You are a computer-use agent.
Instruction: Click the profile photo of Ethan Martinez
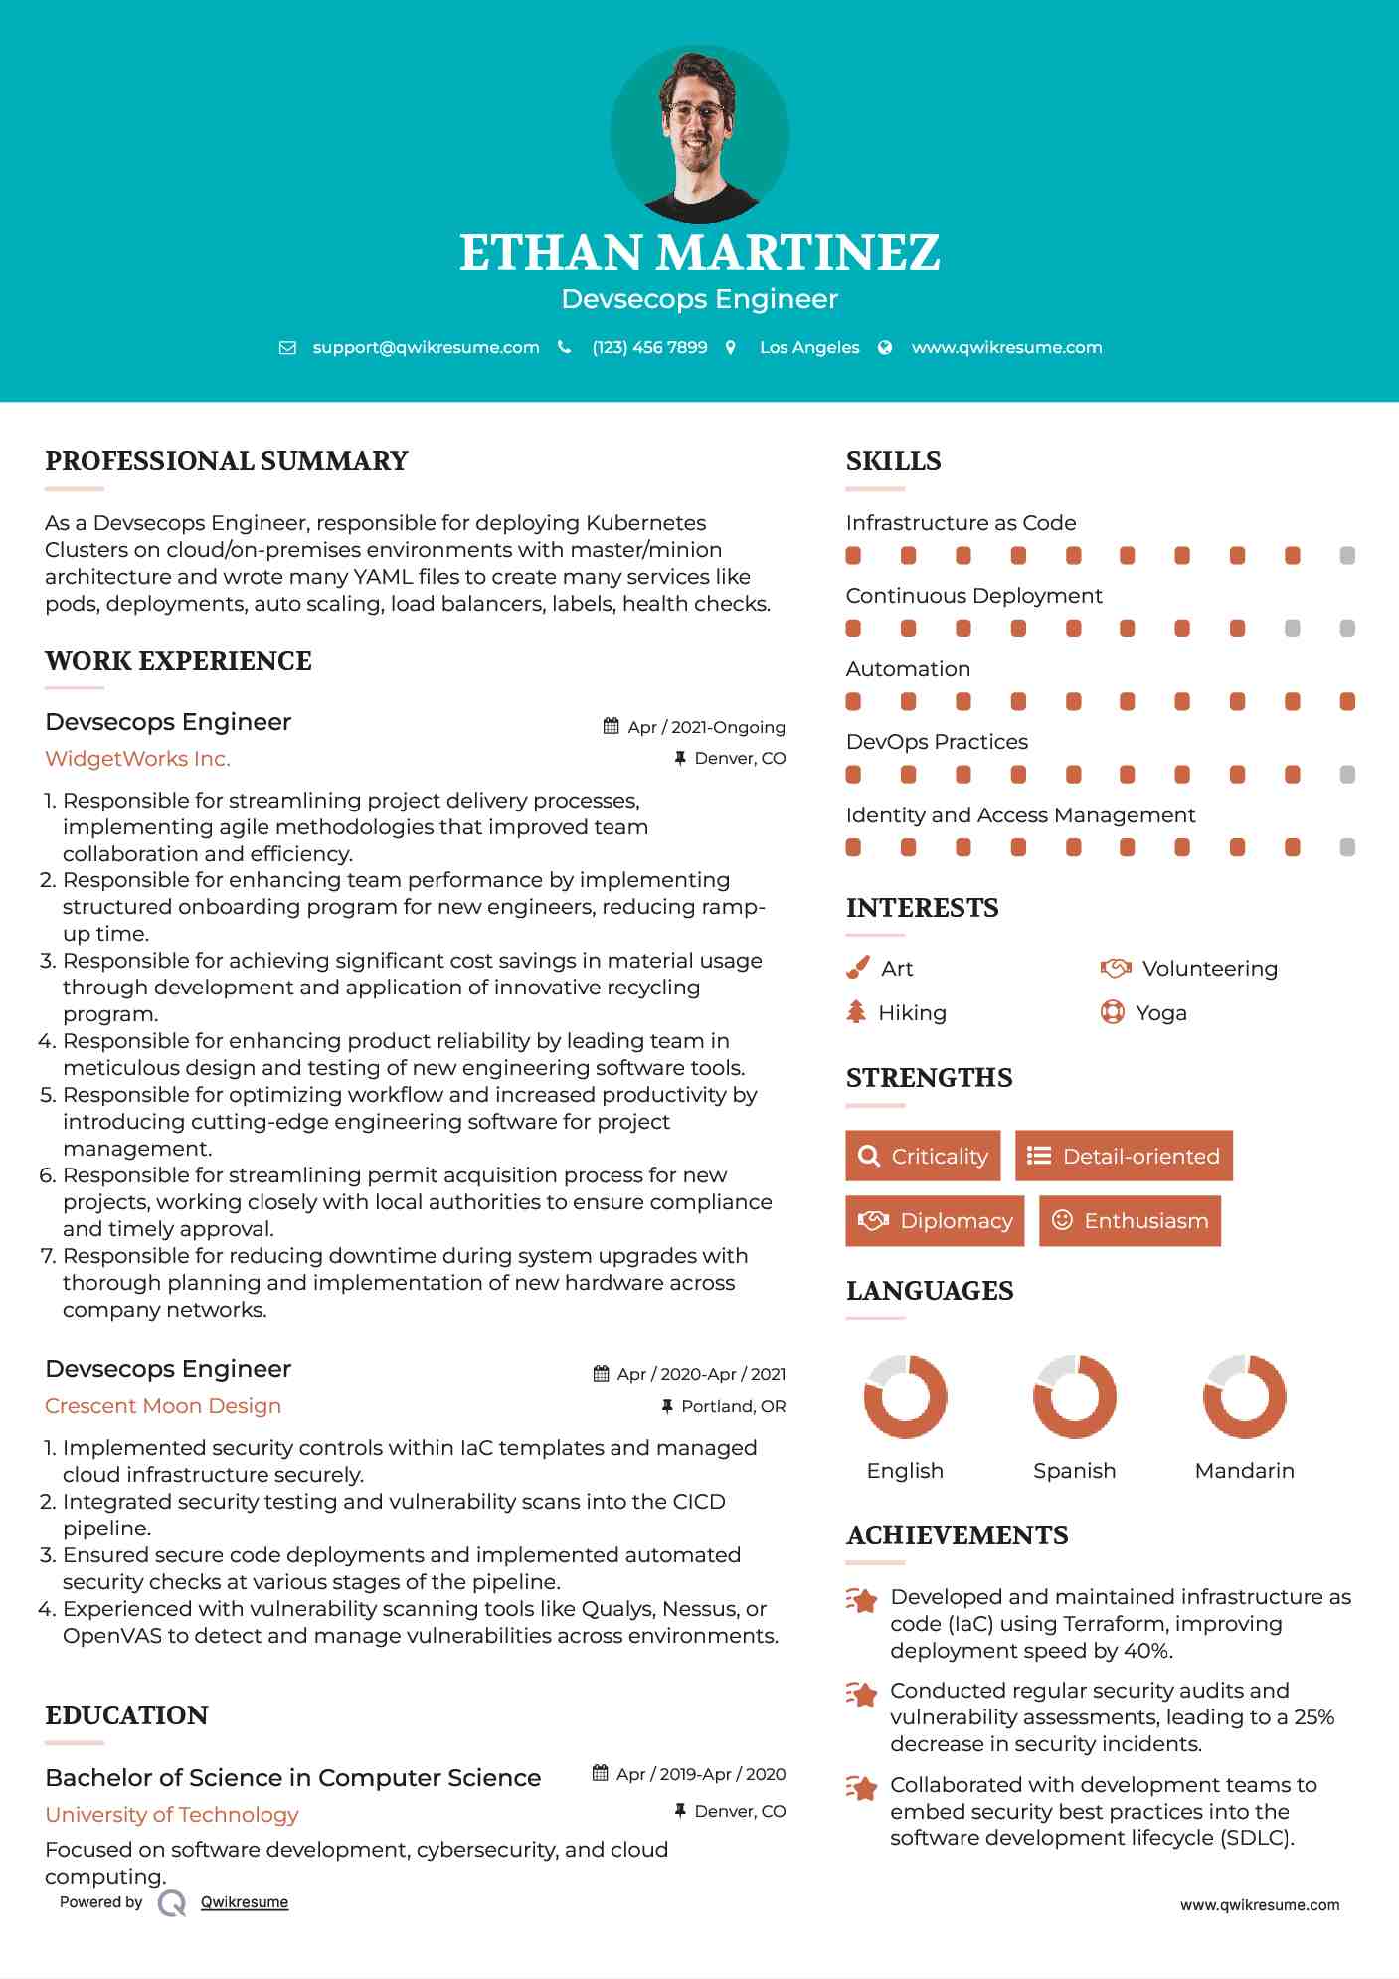tap(699, 133)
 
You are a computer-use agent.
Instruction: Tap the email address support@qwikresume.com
tap(426, 347)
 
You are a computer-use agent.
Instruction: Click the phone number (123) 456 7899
tap(649, 347)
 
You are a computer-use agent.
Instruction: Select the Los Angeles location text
tap(808, 347)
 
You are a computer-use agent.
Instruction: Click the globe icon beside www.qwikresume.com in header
tap(885, 347)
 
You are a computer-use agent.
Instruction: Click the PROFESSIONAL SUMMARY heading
tap(227, 461)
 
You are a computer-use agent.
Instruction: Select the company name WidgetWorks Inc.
tap(137, 759)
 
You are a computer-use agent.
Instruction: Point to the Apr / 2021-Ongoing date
tap(706, 727)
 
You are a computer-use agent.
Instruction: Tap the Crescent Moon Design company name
tap(163, 1406)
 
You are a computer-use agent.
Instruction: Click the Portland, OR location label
tap(733, 1406)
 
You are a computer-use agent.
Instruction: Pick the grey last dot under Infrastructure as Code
tap(1347, 555)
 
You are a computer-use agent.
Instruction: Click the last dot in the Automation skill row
tap(1347, 701)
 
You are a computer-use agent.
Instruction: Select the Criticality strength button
tap(923, 1156)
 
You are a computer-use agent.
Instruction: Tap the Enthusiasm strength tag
tap(1130, 1220)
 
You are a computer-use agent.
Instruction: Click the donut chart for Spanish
tap(1075, 1396)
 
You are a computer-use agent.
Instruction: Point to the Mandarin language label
tap(1244, 1470)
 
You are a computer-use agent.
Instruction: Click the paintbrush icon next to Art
tap(857, 968)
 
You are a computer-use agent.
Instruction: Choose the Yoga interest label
tap(1160, 1012)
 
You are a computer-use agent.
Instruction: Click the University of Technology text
tap(172, 1815)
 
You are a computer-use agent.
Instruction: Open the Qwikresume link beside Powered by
tap(245, 1902)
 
